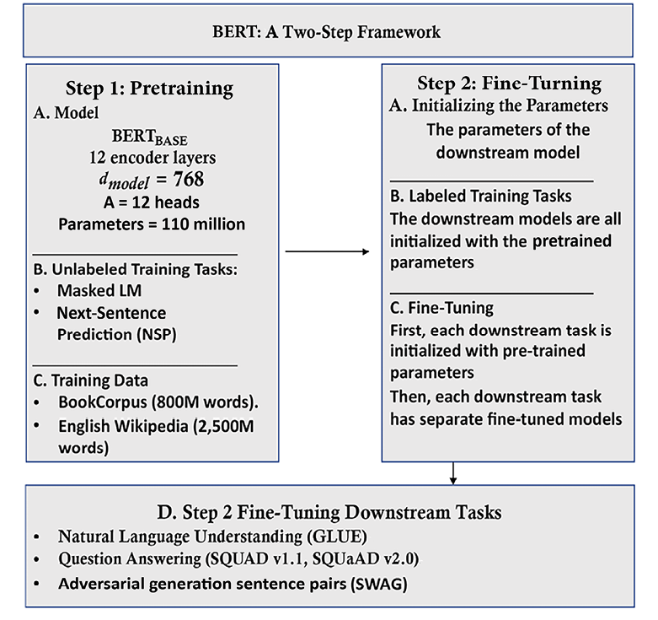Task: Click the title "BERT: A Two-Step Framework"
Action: pos(327,32)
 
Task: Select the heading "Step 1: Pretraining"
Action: pos(149,89)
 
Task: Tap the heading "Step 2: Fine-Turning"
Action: pos(509,84)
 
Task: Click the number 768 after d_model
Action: pos(189,180)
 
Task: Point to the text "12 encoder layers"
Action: pos(152,158)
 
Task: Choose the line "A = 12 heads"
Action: pos(152,202)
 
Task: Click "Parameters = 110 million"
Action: pos(152,224)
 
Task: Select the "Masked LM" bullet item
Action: pos(99,291)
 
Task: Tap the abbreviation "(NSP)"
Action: pos(157,334)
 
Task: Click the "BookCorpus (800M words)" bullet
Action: pos(158,402)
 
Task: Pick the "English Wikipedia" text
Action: pos(123,426)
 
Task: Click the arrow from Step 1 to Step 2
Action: pos(328,251)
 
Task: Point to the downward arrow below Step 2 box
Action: pos(452,473)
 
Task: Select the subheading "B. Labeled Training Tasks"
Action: pos(481,197)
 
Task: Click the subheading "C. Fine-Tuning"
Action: pos(441,308)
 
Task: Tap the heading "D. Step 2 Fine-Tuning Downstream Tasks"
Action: pos(329,513)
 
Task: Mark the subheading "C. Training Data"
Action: pos(91,380)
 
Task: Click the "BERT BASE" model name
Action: pos(149,137)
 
